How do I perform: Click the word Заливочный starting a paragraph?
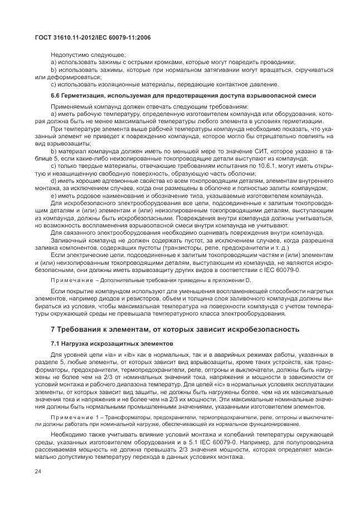tap(67, 239)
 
